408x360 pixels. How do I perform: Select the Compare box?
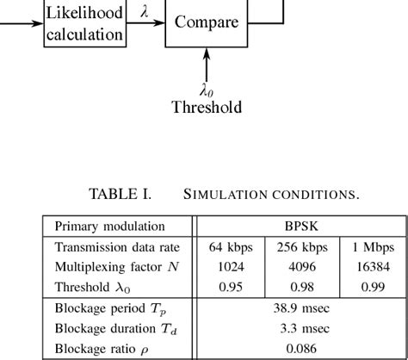click(x=206, y=22)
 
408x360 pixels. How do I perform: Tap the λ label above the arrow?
click(x=144, y=12)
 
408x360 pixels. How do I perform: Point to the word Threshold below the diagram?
click(x=206, y=108)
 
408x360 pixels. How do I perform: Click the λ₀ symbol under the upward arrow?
click(x=206, y=89)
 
